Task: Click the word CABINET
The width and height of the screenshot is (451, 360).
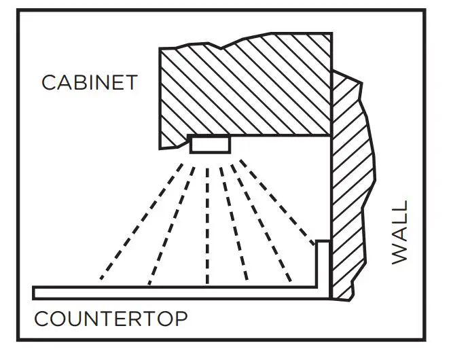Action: [x=89, y=83]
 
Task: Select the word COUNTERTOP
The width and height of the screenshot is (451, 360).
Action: [x=111, y=318]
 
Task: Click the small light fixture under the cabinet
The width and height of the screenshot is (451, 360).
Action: [x=211, y=145]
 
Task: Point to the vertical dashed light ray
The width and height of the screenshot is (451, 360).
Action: [x=207, y=224]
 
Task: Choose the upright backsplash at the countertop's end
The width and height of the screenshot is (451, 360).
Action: [x=323, y=268]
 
